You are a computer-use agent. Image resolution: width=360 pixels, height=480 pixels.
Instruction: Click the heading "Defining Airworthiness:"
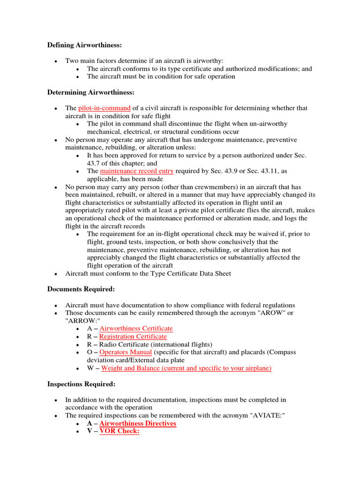pos(84,45)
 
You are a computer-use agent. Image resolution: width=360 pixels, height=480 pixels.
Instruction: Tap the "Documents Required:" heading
pos(81,289)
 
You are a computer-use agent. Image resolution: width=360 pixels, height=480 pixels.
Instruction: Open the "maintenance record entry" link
pos(137,171)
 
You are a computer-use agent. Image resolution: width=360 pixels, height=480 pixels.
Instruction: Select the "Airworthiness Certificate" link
pos(136,329)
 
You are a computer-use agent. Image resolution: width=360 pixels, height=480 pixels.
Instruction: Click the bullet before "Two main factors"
pos(56,61)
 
